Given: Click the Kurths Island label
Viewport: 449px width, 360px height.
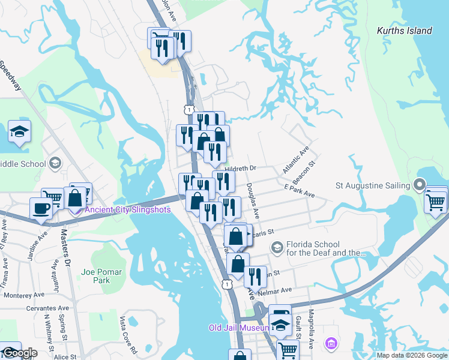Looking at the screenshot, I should click(404, 31).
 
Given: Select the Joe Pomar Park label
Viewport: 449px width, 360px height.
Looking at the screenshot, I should click(101, 276).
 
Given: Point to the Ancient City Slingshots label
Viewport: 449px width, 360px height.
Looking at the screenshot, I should click(128, 209).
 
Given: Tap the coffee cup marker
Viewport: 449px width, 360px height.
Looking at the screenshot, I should click(41, 209).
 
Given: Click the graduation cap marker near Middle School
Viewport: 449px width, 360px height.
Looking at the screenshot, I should click(19, 132).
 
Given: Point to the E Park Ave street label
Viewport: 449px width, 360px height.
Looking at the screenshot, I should click(300, 191).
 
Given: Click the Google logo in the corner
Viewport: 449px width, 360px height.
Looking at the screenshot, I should click(19, 353).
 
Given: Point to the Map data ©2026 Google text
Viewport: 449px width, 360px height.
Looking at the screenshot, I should click(412, 355).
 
